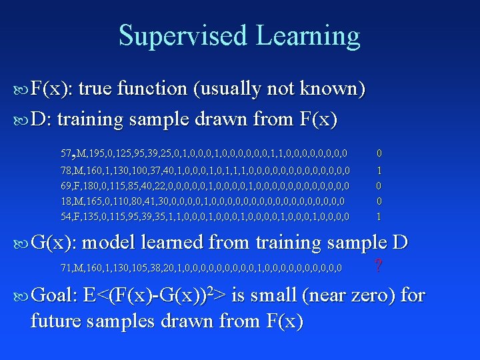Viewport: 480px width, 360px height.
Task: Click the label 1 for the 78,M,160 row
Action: [379, 170]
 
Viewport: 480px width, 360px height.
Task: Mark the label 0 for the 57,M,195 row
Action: [379, 154]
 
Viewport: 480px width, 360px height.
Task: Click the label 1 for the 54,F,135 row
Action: [379, 217]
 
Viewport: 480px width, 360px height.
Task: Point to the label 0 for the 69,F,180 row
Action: [379, 185]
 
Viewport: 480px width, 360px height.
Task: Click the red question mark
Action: [379, 267]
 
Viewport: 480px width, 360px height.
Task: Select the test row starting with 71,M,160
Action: [201, 268]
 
